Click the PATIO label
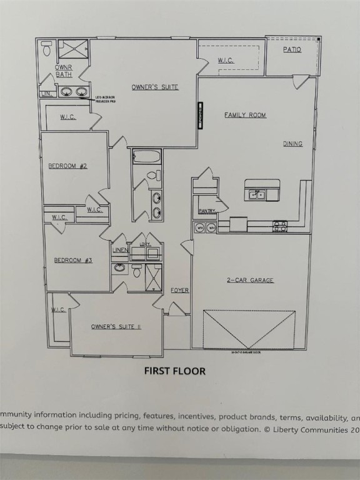pyautogui.click(x=292, y=49)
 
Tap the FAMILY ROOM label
pyautogui.click(x=245, y=115)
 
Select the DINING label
pyautogui.click(x=292, y=144)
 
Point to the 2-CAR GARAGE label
pyautogui.click(x=249, y=281)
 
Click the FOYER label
pyautogui.click(x=179, y=291)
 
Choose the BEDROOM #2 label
pyautogui.click(x=67, y=166)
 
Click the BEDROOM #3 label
pyautogui.click(x=73, y=260)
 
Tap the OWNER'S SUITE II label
pyautogui.click(x=116, y=327)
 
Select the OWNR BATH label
pyautogui.click(x=64, y=70)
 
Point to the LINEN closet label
pyautogui.click(x=121, y=251)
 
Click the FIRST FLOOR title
pyautogui.click(x=175, y=371)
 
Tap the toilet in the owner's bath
pyautogui.click(x=47, y=49)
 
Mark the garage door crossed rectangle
pyautogui.click(x=249, y=329)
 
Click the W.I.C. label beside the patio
pyautogui.click(x=226, y=61)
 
